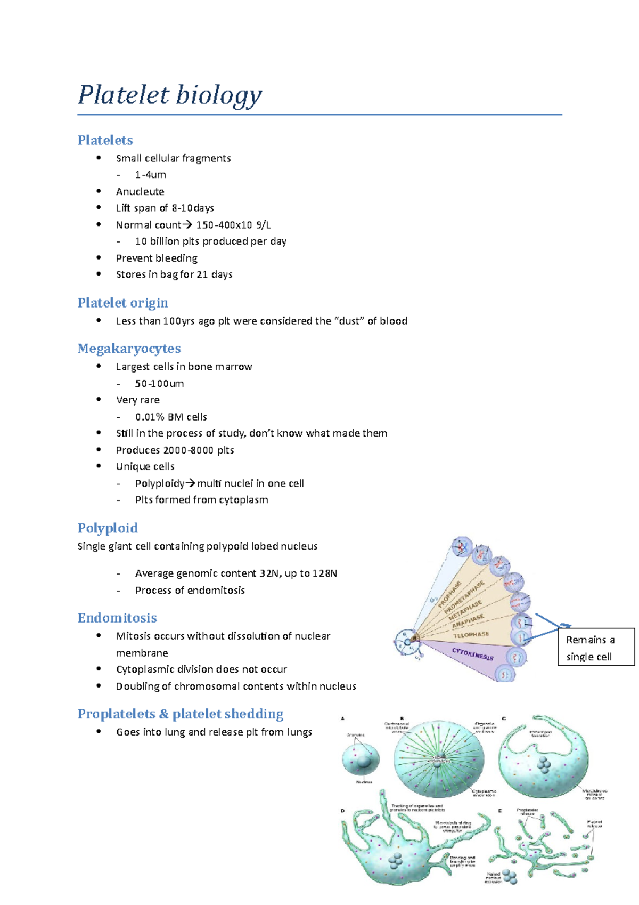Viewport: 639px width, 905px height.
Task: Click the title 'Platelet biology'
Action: point(170,95)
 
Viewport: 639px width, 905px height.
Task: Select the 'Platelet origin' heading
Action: point(122,303)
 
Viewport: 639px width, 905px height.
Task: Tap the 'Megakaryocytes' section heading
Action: point(129,349)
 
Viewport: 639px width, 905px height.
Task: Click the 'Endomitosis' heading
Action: point(117,618)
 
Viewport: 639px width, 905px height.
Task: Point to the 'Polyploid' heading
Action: point(108,528)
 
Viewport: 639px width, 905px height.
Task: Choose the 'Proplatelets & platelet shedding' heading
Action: point(180,714)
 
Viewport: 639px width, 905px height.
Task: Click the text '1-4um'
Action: point(150,175)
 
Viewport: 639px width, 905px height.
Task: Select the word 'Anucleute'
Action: point(140,191)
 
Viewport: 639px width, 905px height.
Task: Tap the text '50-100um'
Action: point(159,384)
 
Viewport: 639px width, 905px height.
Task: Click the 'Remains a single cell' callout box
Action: point(596,648)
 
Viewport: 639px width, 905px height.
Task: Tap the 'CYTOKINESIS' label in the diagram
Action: point(473,654)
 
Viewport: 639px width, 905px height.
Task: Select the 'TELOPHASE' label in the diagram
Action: point(471,635)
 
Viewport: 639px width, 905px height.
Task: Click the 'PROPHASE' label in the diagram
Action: point(449,595)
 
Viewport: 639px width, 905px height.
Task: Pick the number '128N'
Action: point(325,573)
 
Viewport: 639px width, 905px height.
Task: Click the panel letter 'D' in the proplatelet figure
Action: point(343,811)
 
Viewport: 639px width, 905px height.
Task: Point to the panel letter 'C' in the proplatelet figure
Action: point(504,719)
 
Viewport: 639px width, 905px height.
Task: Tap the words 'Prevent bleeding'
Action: point(157,258)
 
